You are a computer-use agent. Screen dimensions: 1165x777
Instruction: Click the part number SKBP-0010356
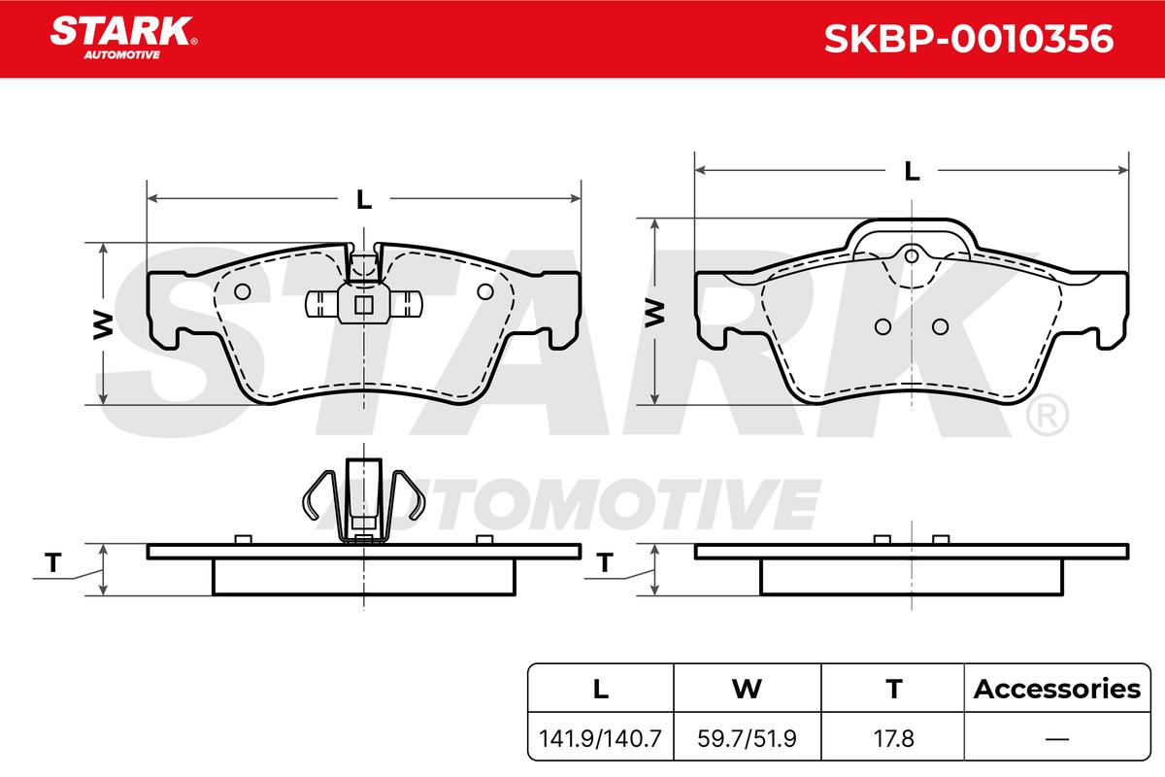click(x=969, y=39)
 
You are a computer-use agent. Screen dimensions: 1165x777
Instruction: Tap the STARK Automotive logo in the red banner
click(x=123, y=38)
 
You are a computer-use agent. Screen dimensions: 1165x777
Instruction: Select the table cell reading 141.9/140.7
click(x=600, y=738)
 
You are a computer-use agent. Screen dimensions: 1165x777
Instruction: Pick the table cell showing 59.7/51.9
click(x=747, y=738)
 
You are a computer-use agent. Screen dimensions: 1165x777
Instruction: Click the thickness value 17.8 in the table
click(x=893, y=738)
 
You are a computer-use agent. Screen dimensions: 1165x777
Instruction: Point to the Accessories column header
click(x=1057, y=689)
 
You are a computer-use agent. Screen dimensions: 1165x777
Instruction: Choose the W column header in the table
click(x=747, y=689)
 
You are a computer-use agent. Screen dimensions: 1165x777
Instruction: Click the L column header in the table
click(x=601, y=689)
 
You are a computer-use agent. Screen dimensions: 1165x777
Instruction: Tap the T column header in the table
click(x=894, y=689)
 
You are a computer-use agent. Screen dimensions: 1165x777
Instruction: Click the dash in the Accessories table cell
click(x=1057, y=738)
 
